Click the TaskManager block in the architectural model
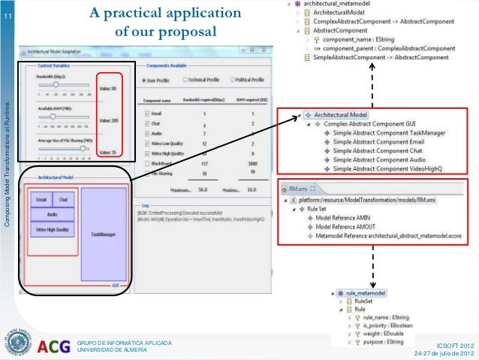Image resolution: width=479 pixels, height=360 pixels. click(x=101, y=234)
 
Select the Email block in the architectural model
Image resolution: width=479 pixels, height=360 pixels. click(x=41, y=200)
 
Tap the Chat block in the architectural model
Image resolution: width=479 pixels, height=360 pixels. click(x=63, y=200)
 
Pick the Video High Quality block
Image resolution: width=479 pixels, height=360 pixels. click(x=51, y=229)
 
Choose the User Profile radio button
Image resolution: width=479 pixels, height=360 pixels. click(x=145, y=80)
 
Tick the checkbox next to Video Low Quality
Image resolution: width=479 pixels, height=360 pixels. click(x=146, y=142)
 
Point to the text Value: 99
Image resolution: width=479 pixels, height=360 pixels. click(x=107, y=88)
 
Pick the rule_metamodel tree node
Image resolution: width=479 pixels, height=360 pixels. click(x=365, y=293)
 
